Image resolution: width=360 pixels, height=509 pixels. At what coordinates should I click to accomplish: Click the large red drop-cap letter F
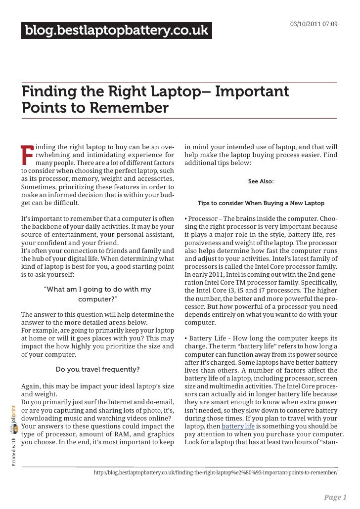[27, 154]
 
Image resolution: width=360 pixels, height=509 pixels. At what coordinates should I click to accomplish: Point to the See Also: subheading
[261, 182]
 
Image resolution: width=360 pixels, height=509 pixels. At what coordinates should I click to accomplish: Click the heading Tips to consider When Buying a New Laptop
[261, 203]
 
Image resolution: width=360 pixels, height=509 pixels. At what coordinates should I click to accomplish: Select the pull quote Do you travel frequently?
[97, 369]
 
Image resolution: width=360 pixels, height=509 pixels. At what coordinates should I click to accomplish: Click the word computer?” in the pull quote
[98, 299]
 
